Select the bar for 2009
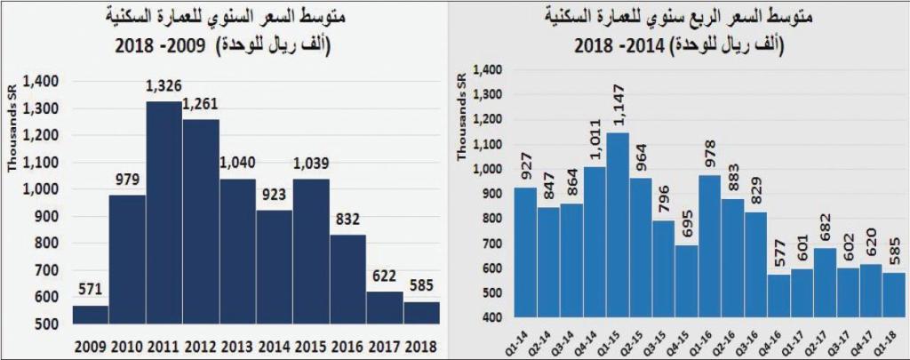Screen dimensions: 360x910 click(x=92, y=315)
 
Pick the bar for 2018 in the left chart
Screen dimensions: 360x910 click(x=422, y=314)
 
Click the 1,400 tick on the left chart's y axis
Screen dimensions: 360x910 click(x=42, y=82)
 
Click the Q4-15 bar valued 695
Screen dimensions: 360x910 click(x=688, y=281)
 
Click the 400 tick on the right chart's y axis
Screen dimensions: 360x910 click(x=493, y=318)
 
